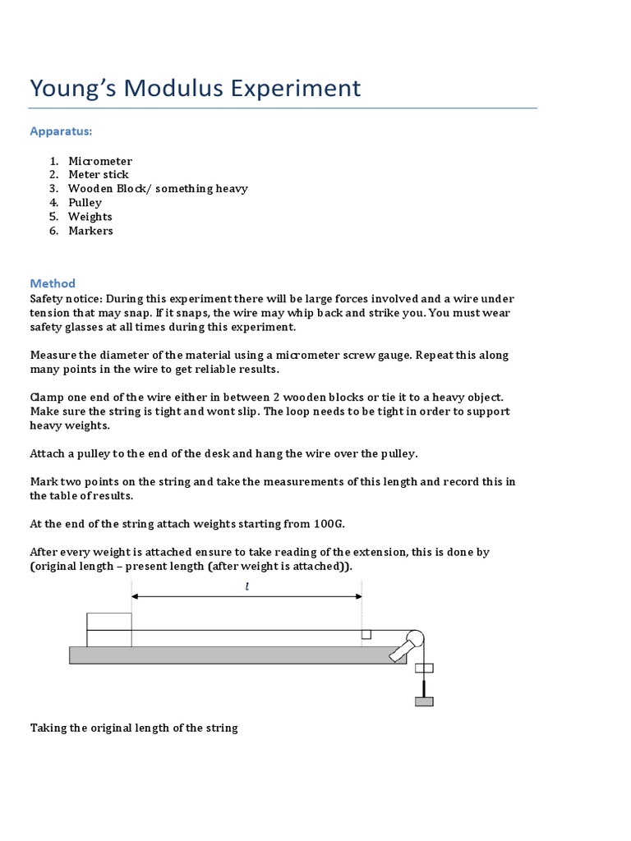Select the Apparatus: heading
61,131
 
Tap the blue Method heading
53,283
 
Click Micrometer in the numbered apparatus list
99,161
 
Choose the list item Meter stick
98,175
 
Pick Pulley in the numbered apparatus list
85,203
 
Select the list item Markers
90,231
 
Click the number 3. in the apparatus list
53,189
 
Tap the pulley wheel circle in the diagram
415,637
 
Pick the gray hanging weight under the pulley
424,701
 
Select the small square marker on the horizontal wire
366,634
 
